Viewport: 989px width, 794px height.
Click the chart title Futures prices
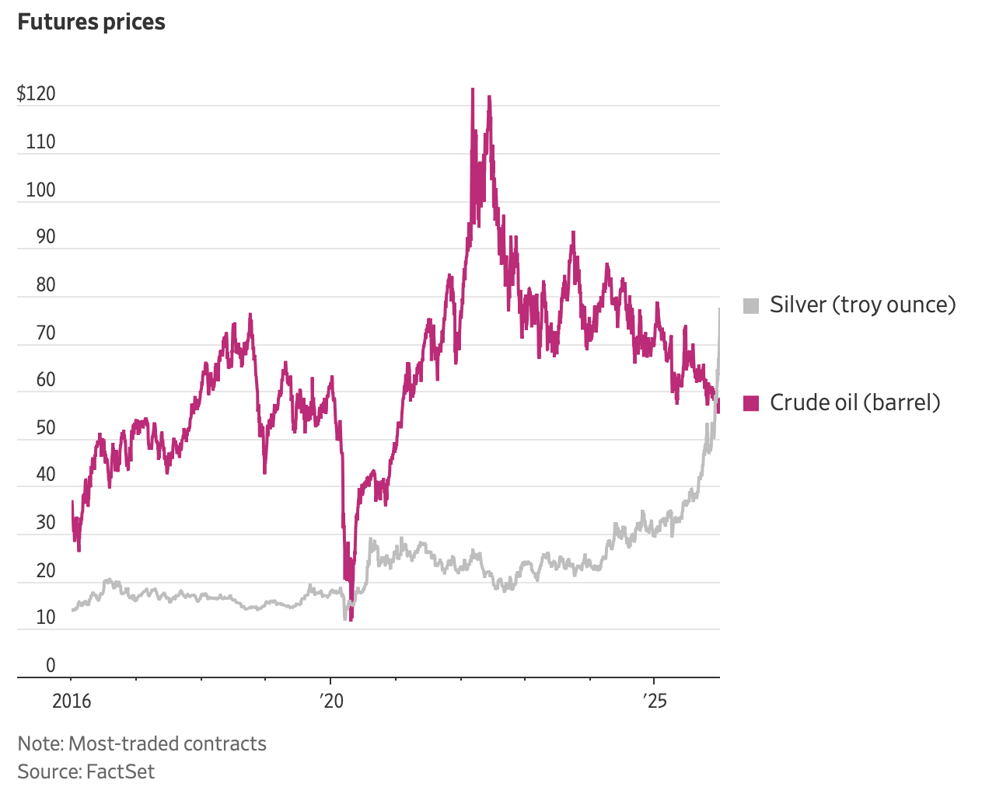91,22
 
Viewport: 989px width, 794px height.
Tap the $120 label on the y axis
37,94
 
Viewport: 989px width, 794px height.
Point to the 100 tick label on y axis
40,190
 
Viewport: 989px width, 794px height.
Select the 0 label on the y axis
51,665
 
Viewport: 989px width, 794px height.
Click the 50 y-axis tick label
46,427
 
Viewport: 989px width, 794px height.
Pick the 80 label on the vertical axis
46,284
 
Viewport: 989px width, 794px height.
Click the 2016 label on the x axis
72,702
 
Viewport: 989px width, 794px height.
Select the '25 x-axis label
655,702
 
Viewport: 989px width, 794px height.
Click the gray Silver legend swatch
750,305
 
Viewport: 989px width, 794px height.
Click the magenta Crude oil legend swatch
750,403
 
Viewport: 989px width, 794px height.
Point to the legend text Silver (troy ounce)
862,305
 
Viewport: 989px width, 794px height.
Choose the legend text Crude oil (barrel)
854,402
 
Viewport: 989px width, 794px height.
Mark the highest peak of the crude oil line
472,89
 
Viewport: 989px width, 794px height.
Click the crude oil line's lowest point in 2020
351,619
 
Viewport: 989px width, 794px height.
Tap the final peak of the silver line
719,309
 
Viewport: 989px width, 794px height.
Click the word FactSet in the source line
121,771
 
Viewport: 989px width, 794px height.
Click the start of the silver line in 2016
72,611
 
